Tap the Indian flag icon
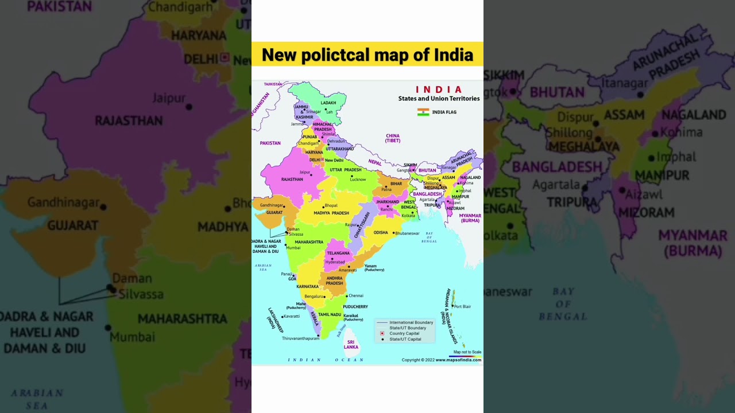423,112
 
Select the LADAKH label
328,103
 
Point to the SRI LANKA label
351,344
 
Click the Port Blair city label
462,306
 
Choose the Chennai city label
356,295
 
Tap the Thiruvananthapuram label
300,338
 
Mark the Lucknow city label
358,180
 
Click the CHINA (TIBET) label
393,138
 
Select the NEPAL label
375,162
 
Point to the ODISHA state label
381,232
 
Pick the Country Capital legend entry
404,333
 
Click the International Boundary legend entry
411,322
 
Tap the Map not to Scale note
467,352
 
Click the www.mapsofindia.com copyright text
458,360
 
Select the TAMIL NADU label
330,314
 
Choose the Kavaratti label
292,316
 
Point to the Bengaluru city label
314,296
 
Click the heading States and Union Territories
439,99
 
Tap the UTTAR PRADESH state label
345,170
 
